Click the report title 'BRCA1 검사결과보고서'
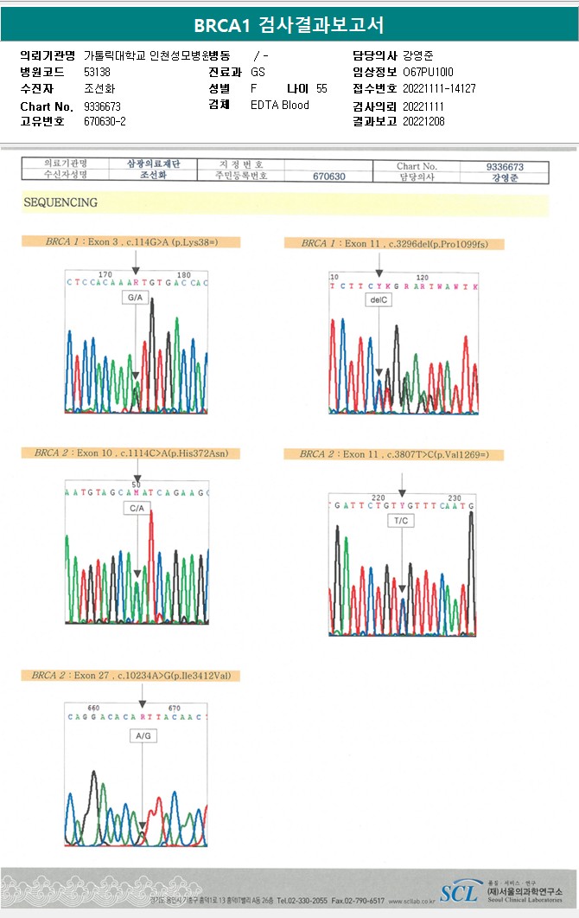pyautogui.click(x=289, y=25)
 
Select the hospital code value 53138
pyautogui.click(x=97, y=72)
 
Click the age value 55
pyautogui.click(x=321, y=88)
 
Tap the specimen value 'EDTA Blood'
pyautogui.click(x=279, y=105)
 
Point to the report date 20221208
pyautogui.click(x=423, y=121)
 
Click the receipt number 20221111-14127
pyautogui.click(x=439, y=88)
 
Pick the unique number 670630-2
pyautogui.click(x=105, y=121)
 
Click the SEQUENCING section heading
pyautogui.click(x=60, y=202)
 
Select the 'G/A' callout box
pyautogui.click(x=135, y=298)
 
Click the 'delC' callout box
pyautogui.click(x=379, y=299)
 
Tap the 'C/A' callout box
pyautogui.click(x=137, y=509)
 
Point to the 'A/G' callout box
pyautogui.click(x=142, y=735)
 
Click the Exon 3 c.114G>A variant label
pyautogui.click(x=130, y=242)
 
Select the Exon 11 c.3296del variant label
pyautogui.click(x=394, y=244)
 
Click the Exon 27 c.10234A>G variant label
pyautogui.click(x=130, y=675)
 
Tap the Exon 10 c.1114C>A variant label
pyautogui.click(x=130, y=453)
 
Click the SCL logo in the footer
pyautogui.click(x=457, y=893)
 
